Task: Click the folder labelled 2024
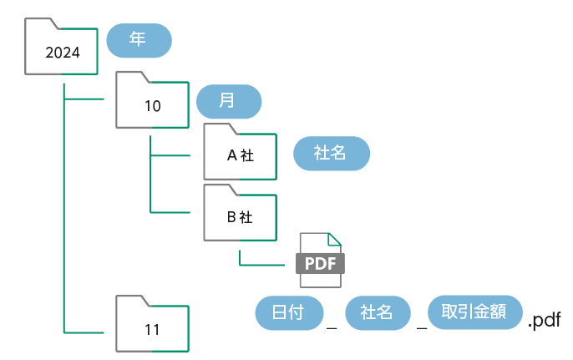pos(62,50)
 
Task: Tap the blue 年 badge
pos(139,39)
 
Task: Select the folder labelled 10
pos(152,104)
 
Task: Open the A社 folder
pos(240,155)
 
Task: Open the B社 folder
pos(240,215)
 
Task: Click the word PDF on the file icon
pos(320,264)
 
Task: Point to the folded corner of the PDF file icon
pos(335,239)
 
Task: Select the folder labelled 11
pos(152,327)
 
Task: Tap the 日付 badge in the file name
pos(288,313)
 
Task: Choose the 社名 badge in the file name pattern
pos(378,313)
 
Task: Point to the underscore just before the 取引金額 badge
pos(422,327)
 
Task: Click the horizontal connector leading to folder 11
pos(84,332)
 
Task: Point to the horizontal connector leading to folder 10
pos(84,99)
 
